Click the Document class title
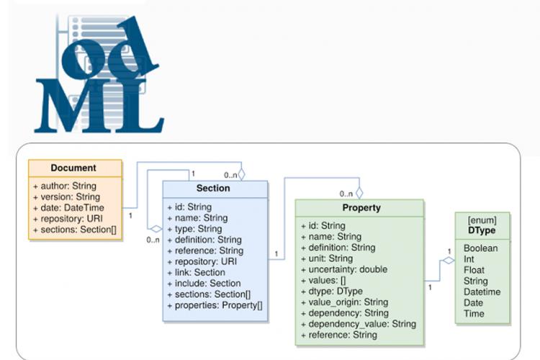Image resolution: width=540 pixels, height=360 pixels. (x=73, y=168)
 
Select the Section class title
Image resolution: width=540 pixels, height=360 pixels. (x=213, y=188)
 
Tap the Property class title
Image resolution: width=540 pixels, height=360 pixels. (x=361, y=208)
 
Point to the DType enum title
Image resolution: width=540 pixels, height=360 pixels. (x=482, y=230)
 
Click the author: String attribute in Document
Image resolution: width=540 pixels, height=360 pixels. (x=64, y=186)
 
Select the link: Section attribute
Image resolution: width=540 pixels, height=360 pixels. (x=196, y=272)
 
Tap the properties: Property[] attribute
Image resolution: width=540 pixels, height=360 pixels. (x=215, y=305)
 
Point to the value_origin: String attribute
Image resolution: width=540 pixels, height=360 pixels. (x=344, y=302)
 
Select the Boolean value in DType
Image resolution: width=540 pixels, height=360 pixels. (x=481, y=248)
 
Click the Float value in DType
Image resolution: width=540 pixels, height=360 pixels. (x=474, y=270)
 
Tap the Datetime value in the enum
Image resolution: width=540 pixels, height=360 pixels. (x=482, y=292)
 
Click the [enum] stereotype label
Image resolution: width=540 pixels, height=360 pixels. (x=482, y=220)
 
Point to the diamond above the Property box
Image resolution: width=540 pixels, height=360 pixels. (x=359, y=193)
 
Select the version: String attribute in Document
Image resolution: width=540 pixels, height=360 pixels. (x=66, y=197)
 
